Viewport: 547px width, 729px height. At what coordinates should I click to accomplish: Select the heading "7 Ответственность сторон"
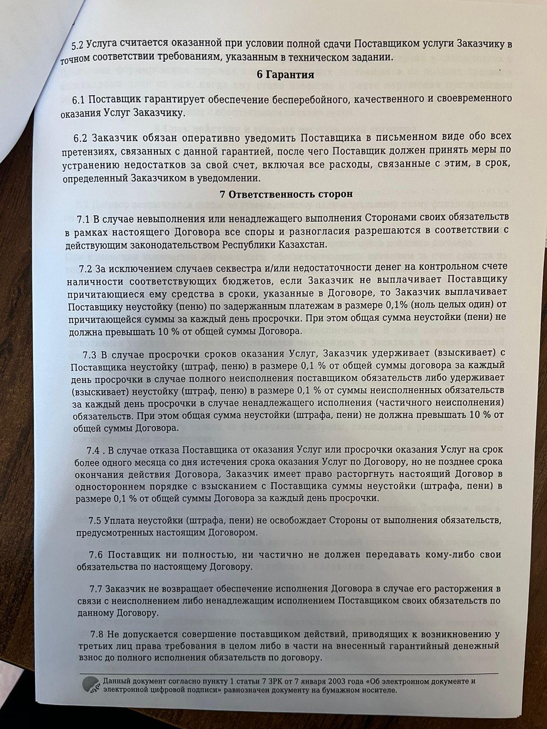pyautogui.click(x=286, y=195)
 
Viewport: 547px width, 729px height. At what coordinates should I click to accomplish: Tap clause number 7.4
pyautogui.click(x=96, y=450)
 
